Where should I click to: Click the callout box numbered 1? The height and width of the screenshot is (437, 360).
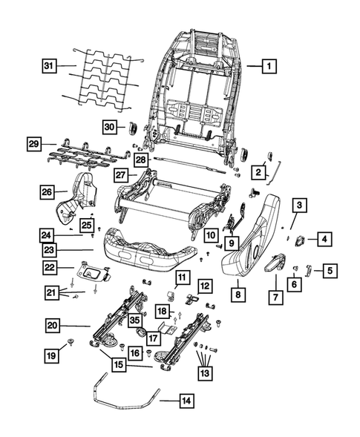[269, 66]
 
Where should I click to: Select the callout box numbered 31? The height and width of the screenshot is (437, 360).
[48, 67]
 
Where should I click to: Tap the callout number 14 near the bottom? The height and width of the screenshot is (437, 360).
[186, 401]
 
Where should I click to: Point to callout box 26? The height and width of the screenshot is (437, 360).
[48, 192]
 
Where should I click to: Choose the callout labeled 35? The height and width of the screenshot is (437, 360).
[134, 321]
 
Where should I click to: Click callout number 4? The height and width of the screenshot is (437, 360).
[326, 238]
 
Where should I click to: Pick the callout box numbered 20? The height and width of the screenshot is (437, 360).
[50, 325]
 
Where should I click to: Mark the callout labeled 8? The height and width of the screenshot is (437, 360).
[239, 295]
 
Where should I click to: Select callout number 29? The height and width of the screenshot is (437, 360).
[33, 142]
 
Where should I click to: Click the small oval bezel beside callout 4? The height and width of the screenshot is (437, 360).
[301, 240]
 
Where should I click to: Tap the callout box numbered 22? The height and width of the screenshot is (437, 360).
[48, 268]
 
